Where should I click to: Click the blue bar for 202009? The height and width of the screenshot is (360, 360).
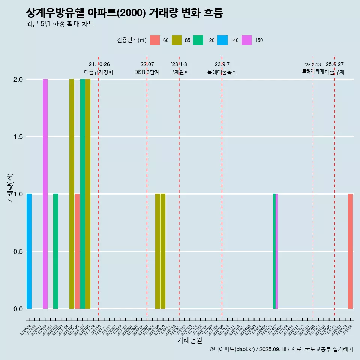point(29,251)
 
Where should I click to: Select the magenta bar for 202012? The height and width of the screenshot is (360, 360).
point(45,194)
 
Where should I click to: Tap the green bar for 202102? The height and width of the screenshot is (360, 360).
point(55,251)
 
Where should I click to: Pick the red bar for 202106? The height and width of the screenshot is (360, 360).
point(77,251)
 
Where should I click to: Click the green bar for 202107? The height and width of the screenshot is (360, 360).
point(82,194)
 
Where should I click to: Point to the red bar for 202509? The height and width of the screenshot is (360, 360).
point(350,251)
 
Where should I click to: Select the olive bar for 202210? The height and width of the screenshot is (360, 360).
point(163,251)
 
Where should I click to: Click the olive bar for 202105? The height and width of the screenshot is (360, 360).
point(72,194)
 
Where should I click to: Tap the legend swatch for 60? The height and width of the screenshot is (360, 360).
point(154,40)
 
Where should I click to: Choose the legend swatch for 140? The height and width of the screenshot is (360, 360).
point(222,40)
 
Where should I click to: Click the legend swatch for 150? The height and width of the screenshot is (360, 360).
point(247,40)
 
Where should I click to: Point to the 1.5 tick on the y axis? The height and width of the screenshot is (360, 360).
point(18,137)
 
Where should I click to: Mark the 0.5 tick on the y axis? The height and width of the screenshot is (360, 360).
point(18,252)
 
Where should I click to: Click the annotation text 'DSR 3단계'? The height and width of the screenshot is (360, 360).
point(147,72)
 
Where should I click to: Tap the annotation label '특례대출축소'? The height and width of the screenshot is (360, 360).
point(222,72)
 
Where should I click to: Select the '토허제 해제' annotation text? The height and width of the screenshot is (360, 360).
point(313,71)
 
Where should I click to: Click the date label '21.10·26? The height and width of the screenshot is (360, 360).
point(99,64)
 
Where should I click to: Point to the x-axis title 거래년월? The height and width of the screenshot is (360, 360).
point(189,340)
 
